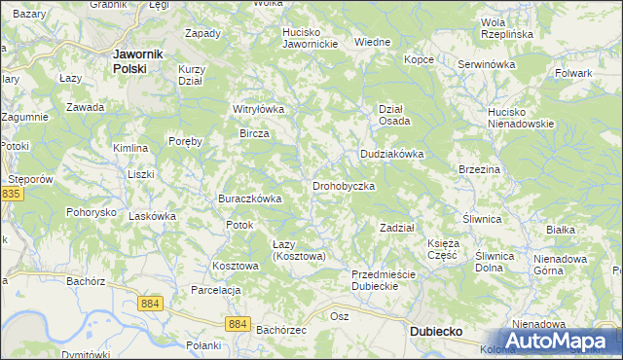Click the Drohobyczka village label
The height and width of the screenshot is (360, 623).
[343, 186]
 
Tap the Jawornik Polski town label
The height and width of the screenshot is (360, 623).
[136, 61]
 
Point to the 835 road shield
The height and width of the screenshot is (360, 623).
[11, 195]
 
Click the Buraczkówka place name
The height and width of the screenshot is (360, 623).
[249, 198]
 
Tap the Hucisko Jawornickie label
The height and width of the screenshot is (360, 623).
[310, 38]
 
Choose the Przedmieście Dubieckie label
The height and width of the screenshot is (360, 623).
[384, 280]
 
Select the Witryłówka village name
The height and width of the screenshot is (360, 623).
[257, 109]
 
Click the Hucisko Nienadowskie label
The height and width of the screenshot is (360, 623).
[521, 118]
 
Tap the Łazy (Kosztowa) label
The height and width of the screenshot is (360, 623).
[298, 249]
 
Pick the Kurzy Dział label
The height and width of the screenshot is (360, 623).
[191, 75]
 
